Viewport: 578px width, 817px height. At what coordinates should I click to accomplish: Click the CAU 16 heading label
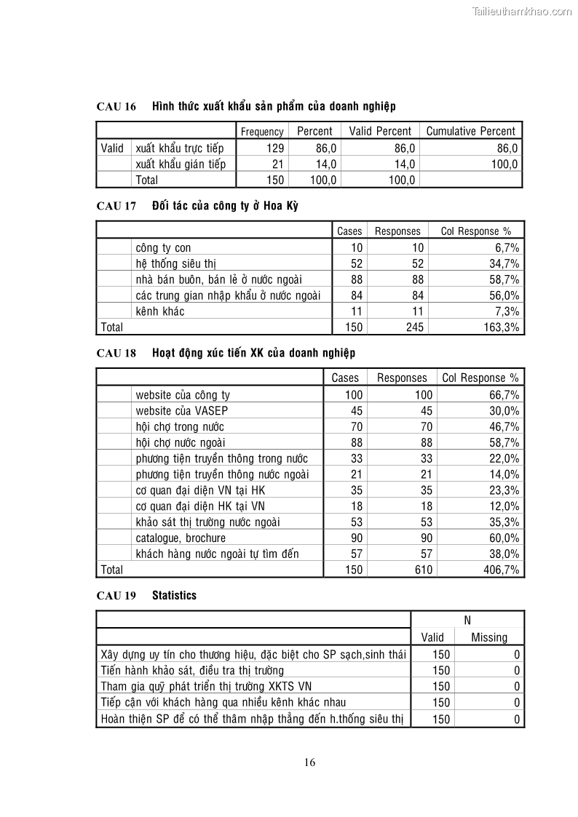pyautogui.click(x=116, y=107)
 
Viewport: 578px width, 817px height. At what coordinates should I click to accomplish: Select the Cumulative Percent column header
pyautogui.click(x=470, y=132)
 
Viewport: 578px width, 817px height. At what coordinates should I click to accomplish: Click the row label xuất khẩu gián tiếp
pyautogui.click(x=181, y=164)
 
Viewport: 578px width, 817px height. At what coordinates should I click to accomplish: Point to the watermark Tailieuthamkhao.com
pyautogui.click(x=522, y=11)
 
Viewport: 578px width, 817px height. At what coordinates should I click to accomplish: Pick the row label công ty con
pyautogui.click(x=163, y=248)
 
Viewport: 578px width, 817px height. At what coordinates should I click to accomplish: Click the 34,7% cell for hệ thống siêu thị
pyautogui.click(x=502, y=264)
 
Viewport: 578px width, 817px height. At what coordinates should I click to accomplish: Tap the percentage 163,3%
pyautogui.click(x=502, y=327)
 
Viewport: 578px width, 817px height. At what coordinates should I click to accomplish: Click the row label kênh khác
pyautogui.click(x=160, y=311)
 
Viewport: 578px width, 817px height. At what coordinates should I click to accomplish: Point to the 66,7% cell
pyautogui.click(x=502, y=395)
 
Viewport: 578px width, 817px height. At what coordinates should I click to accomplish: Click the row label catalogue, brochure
pyautogui.click(x=181, y=538)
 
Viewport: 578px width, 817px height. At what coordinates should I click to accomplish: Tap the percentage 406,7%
pyautogui.click(x=502, y=570)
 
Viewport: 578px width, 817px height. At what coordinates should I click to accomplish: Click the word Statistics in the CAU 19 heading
pyautogui.click(x=174, y=595)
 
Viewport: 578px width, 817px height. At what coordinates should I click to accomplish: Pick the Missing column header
pyautogui.click(x=489, y=638)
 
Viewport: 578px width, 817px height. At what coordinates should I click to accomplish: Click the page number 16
pyautogui.click(x=309, y=762)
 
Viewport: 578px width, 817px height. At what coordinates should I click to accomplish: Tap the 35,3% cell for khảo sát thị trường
pyautogui.click(x=502, y=522)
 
